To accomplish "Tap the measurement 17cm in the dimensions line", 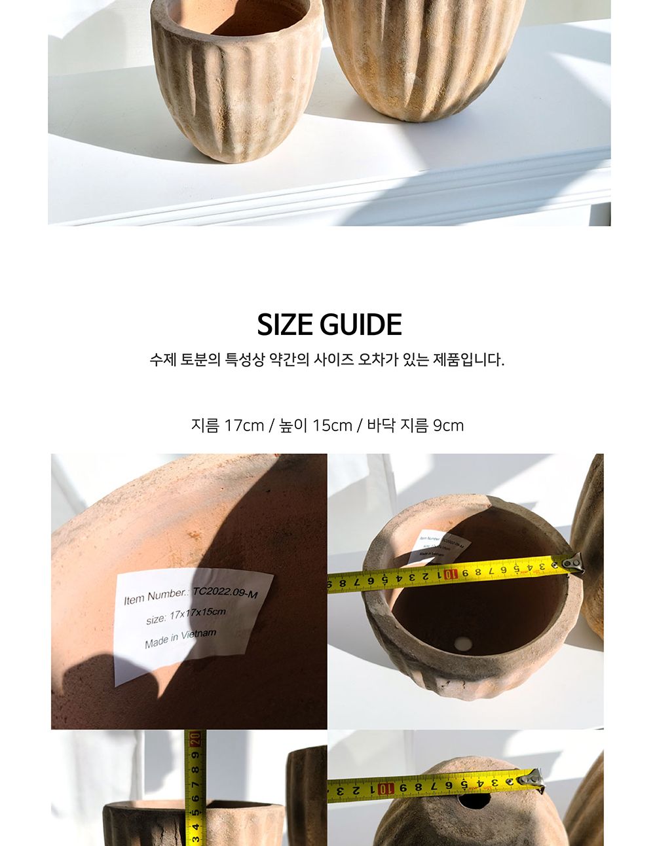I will click(x=244, y=425).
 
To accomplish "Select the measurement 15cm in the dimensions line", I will click(x=332, y=425).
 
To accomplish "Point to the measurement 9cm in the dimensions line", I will click(x=448, y=425).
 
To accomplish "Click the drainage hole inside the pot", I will click(x=464, y=643).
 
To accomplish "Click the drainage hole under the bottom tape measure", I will click(x=473, y=800).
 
